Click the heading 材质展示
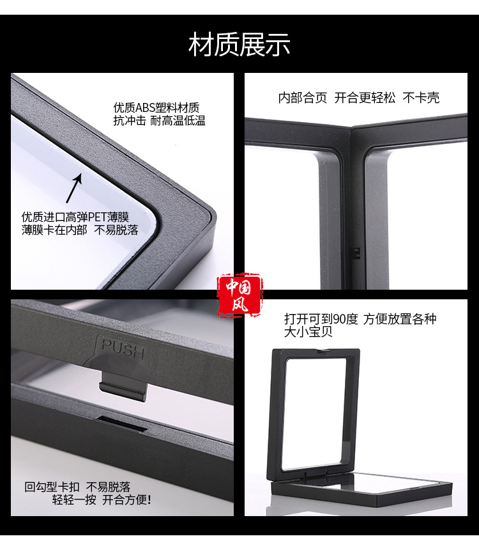pyautogui.click(x=240, y=45)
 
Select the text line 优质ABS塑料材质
pyautogui.click(x=156, y=107)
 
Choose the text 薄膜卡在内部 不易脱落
pyautogui.click(x=80, y=230)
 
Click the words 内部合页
pyautogui.click(x=302, y=98)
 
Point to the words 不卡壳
pyautogui.click(x=421, y=98)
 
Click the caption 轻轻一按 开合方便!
pyautogui.click(x=102, y=499)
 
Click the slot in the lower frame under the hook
pyautogui.click(x=128, y=422)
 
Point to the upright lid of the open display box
pyautogui.click(x=317, y=409)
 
